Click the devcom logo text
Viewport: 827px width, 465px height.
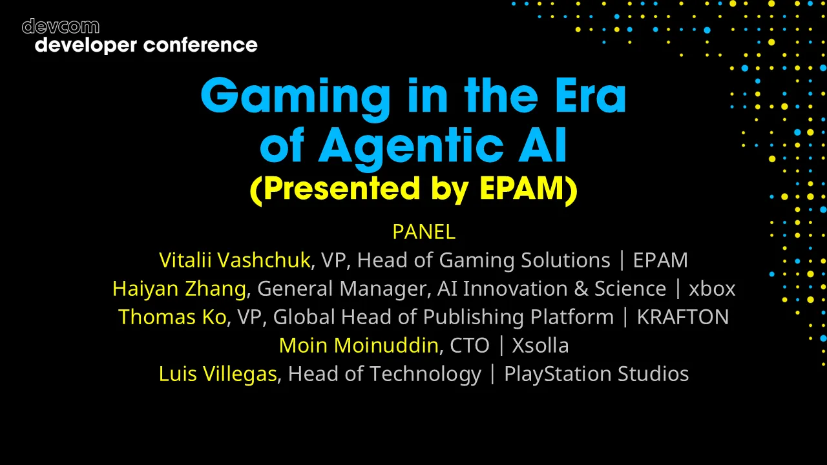click(x=61, y=26)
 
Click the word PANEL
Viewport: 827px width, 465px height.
click(x=423, y=231)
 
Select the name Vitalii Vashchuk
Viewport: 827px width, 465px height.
click(x=235, y=260)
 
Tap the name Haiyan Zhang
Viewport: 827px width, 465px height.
click(x=179, y=288)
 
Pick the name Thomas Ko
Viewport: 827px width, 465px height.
click(x=173, y=316)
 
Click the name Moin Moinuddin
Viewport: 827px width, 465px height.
click(x=359, y=345)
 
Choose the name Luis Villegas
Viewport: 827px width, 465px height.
click(x=218, y=373)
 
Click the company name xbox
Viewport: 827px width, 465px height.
click(x=712, y=289)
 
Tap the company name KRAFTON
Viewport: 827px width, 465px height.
click(x=683, y=316)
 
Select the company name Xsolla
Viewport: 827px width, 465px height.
click(x=540, y=345)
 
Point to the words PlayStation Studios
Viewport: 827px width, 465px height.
click(x=596, y=373)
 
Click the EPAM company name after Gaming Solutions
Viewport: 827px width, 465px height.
click(x=660, y=260)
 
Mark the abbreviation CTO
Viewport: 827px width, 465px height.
click(x=470, y=345)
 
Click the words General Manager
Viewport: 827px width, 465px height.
click(x=342, y=288)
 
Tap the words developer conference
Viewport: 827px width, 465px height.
click(x=146, y=45)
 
